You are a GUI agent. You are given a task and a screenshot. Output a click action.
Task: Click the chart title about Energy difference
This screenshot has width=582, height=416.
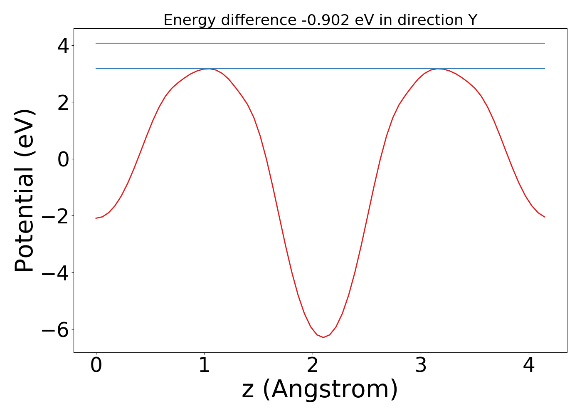[x=320, y=20]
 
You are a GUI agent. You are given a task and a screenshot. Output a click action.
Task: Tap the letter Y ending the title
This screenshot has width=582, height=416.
[x=473, y=20]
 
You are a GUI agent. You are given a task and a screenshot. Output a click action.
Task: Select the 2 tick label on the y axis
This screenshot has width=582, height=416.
[x=63, y=102]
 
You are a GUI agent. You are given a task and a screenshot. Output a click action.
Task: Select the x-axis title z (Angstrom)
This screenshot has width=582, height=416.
[x=320, y=389]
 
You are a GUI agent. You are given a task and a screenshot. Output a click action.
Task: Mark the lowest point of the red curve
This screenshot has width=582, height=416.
[x=323, y=337]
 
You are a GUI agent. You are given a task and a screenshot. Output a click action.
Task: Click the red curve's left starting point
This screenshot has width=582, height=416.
[x=96, y=218]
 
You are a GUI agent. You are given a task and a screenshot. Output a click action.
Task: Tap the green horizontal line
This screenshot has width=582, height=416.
[x=320, y=43]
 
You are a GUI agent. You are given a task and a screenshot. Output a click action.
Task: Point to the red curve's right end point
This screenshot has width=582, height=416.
[x=545, y=217]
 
